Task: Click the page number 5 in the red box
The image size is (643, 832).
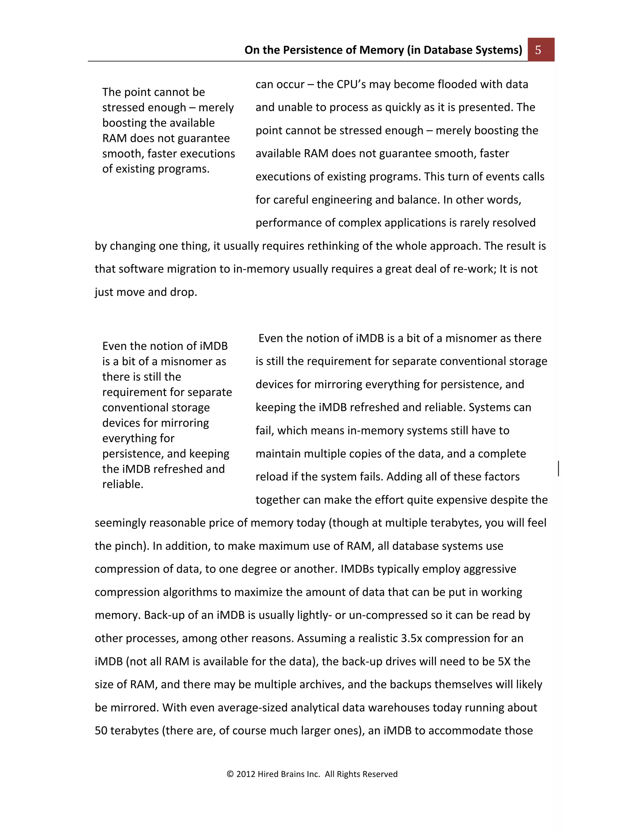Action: [x=538, y=50]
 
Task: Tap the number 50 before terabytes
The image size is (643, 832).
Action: [x=100, y=731]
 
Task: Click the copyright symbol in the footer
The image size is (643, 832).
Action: [x=230, y=774]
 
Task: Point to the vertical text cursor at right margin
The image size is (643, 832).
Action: [x=559, y=468]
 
